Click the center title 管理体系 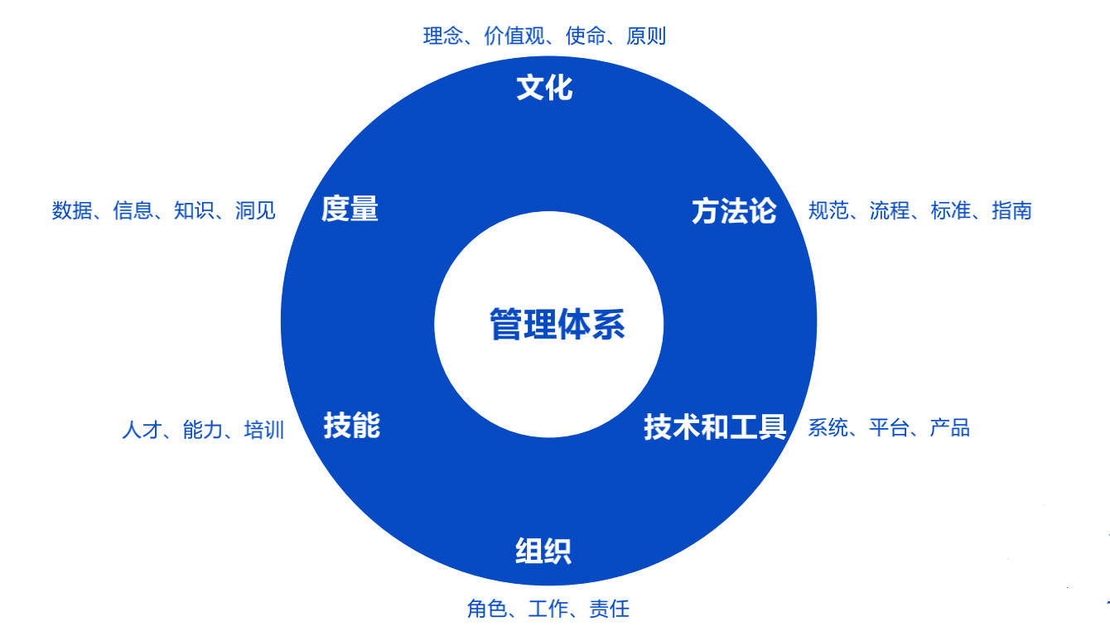(557, 323)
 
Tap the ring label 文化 (544, 87)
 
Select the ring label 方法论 (734, 211)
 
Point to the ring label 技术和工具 (714, 427)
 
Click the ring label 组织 (543, 551)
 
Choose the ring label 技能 (351, 426)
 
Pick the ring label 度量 (350, 209)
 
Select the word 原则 (646, 36)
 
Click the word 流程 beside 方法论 (890, 210)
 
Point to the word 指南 (1011, 210)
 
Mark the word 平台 (889, 428)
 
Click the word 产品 (949, 428)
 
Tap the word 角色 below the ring (487, 609)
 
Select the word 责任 (609, 609)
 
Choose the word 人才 (142, 431)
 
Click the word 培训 (263, 431)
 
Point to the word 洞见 (255, 210)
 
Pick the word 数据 (72, 210)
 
